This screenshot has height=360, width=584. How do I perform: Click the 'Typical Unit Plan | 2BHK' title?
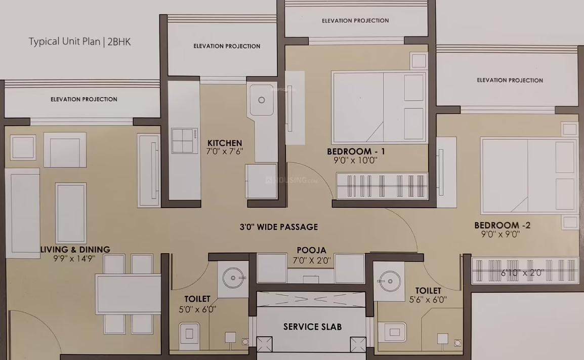click(x=79, y=42)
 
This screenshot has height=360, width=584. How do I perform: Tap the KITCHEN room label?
click(x=225, y=143)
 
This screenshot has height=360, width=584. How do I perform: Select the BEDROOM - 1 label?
click(x=356, y=151)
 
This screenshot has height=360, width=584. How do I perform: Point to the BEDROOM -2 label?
click(x=502, y=225)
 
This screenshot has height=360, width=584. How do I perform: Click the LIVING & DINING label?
click(x=75, y=249)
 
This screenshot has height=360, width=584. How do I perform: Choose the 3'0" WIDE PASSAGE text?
click(x=279, y=227)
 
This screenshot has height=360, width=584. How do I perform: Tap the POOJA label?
click(x=311, y=251)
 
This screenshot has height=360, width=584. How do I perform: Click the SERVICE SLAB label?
click(x=312, y=327)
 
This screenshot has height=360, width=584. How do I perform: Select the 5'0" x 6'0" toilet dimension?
click(x=197, y=309)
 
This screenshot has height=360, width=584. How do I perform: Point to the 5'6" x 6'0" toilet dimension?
click(x=428, y=300)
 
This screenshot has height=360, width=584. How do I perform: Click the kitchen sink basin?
click(x=262, y=100)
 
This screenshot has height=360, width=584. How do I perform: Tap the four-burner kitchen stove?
click(x=184, y=140)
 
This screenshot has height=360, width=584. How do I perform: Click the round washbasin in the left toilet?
click(x=234, y=278)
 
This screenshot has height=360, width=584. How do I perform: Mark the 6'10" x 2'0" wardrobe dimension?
click(x=522, y=272)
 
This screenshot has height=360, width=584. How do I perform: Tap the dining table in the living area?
click(x=128, y=294)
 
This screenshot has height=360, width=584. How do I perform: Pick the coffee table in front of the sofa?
click(x=71, y=213)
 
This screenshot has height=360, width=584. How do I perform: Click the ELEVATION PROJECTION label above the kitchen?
click(x=227, y=46)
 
